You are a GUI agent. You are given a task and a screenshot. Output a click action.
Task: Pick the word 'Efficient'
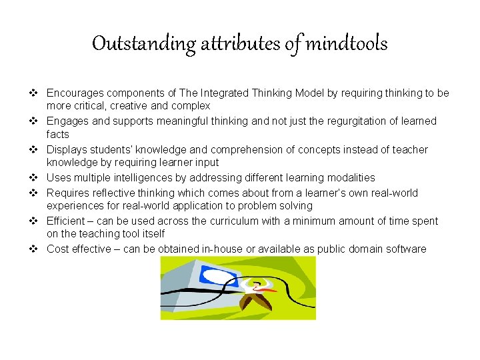click(66, 221)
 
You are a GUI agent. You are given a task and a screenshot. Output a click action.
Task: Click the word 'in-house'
click(218, 249)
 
